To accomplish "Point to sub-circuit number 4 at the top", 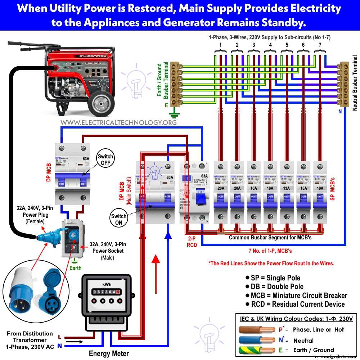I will coord(270,45).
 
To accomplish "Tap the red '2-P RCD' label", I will coord(192,242).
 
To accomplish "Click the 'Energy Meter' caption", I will coord(109,354).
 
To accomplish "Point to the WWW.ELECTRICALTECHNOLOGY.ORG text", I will coord(118,122).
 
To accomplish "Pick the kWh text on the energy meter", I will coord(107,284).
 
